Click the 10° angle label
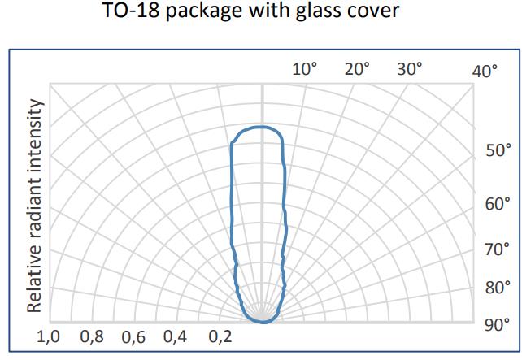pyautogui.click(x=304, y=69)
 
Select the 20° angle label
pyautogui.click(x=357, y=69)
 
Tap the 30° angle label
pyautogui.click(x=410, y=69)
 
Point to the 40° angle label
pyautogui.click(x=485, y=72)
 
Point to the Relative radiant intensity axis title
pyautogui.click(x=35, y=206)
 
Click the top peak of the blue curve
pyautogui.click(x=259, y=128)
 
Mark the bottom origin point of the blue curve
pyautogui.click(x=263, y=322)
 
